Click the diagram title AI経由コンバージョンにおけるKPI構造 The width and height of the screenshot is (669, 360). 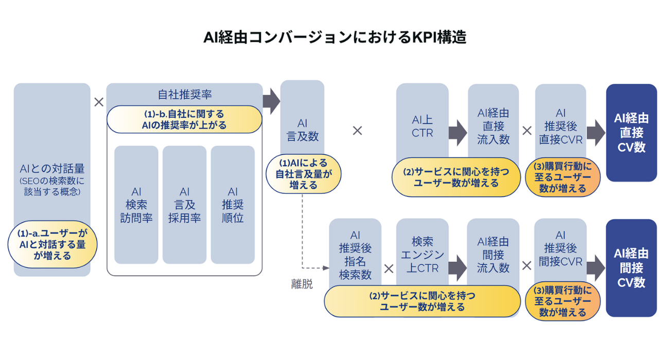pos(334,38)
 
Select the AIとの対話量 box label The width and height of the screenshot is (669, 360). pos(52,168)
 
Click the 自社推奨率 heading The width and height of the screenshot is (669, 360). pos(184,95)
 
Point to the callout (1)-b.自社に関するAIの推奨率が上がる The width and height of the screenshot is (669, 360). pos(184,119)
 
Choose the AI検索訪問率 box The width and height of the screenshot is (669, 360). pos(136,205)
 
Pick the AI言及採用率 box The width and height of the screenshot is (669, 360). pos(184,205)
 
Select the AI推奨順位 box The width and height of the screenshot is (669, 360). pos(233,205)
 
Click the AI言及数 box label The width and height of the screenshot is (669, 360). pos(303,130)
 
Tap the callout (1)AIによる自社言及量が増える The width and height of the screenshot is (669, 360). pos(303,175)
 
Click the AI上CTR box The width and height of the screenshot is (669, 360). pos(422,126)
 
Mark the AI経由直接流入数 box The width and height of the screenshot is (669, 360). pos(493,126)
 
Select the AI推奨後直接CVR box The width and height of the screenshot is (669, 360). pos(560,126)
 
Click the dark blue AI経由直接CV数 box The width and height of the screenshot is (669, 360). pos(631,133)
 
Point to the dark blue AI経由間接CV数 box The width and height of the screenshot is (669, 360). pos(631,268)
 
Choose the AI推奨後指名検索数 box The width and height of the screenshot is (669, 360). pos(355,255)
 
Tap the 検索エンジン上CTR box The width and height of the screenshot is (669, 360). pos(422,255)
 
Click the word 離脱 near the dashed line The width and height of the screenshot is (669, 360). pos(302,284)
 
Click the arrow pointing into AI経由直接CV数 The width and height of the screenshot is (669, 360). pos(596,133)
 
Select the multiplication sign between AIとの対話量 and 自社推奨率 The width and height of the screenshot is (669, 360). pos(99,102)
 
